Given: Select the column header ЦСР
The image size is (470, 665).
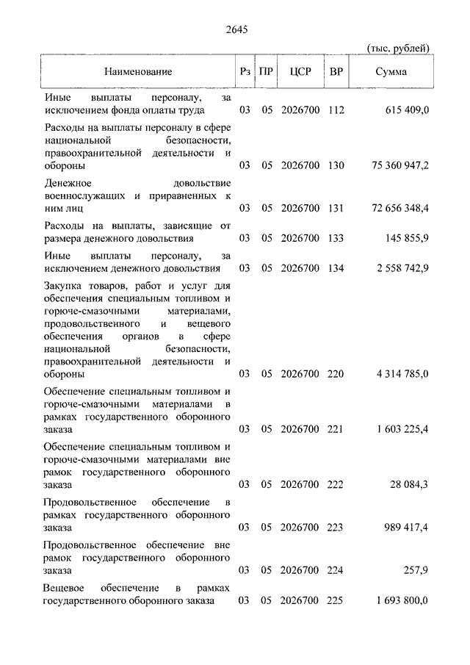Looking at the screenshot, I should point(300,72).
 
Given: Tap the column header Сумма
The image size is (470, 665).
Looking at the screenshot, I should point(391,72).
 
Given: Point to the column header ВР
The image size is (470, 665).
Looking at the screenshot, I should point(336,72).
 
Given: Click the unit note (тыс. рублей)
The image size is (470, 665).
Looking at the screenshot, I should point(398,48).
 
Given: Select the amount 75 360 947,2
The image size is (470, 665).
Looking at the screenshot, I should point(400,166).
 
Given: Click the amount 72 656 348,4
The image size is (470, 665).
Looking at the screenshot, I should point(400,209).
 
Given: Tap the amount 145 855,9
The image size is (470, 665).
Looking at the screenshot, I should point(406,238).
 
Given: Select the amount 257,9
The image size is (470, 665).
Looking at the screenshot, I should point(416,569).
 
